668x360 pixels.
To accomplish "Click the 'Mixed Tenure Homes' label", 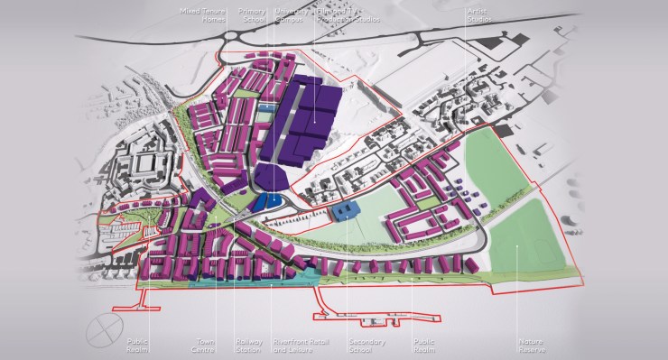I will click(203, 14).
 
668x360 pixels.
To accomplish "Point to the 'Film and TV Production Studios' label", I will click(348, 14).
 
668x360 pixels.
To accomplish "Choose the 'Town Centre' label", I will click(207, 346).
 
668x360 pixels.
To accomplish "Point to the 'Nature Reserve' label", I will click(530, 346).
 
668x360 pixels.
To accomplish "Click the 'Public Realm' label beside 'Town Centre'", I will click(137, 346).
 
